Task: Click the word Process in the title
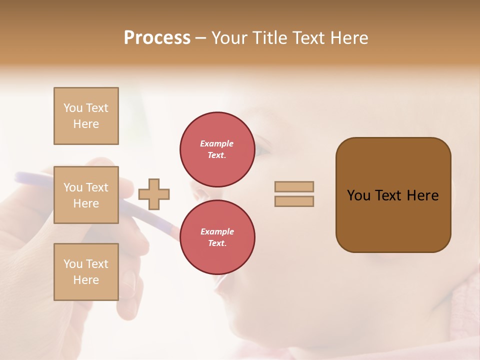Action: coord(157,38)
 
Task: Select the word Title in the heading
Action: coord(270,38)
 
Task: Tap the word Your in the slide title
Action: coord(229,38)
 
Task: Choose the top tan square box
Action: coord(86,116)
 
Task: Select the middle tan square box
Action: coord(86,195)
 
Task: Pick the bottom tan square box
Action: coord(86,272)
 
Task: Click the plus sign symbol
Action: coord(154,194)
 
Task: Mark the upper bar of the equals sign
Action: coord(294,186)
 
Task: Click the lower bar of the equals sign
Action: coord(294,201)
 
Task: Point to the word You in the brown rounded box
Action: coord(358,195)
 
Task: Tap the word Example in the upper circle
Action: coord(216,143)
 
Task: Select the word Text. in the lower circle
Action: coord(217,243)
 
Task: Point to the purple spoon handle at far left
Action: coord(30,177)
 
